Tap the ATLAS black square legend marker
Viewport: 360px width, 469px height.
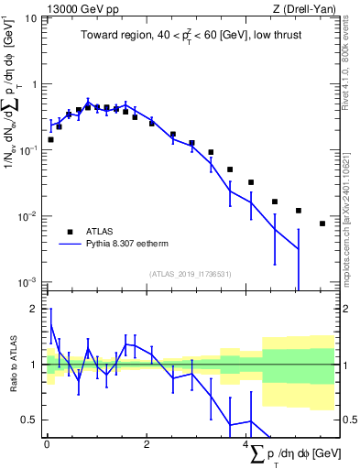coord(68,232)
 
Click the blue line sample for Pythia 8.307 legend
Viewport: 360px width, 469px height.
coord(69,245)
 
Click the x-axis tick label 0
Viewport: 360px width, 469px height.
coord(47,447)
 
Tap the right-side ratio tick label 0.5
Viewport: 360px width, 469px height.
coord(348,420)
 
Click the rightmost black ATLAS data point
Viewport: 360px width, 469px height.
coord(322,224)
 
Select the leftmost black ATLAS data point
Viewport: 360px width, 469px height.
coord(50,139)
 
